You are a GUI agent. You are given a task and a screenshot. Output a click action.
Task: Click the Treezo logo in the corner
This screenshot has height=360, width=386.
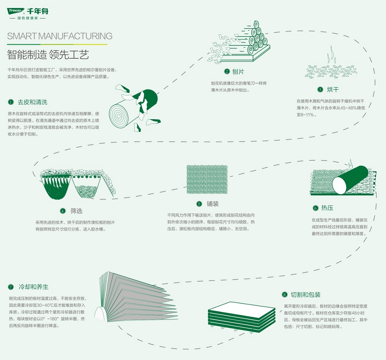tap(16, 11)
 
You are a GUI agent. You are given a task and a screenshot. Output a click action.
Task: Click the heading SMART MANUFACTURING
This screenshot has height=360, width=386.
tap(60, 36)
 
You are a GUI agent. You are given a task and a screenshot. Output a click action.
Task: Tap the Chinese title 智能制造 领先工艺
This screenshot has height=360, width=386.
tap(48, 54)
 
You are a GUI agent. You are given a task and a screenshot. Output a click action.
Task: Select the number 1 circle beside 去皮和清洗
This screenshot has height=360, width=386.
tap(10, 102)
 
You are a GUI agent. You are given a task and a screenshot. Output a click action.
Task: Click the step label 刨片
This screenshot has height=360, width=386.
tap(238, 72)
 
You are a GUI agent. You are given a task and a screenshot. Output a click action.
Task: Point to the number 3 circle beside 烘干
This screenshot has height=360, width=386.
tap(320, 90)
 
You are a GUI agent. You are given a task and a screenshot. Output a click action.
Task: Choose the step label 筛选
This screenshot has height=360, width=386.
tap(76, 211)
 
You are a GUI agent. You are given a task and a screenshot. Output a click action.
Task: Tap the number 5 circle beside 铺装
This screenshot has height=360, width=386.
tap(199, 204)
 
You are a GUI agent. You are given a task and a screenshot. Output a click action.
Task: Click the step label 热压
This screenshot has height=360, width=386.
tap(327, 208)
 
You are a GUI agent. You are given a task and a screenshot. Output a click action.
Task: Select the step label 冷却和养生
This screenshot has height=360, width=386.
tap(34, 287)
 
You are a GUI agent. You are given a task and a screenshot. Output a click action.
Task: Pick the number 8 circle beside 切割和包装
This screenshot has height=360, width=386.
tap(284, 294)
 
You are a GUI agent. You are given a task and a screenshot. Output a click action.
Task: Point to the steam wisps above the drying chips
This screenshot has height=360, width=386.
tap(330, 55)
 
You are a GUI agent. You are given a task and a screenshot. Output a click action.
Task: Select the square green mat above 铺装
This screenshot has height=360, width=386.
tap(207, 179)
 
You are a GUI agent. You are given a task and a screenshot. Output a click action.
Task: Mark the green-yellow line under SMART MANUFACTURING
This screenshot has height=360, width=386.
tap(57, 44)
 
